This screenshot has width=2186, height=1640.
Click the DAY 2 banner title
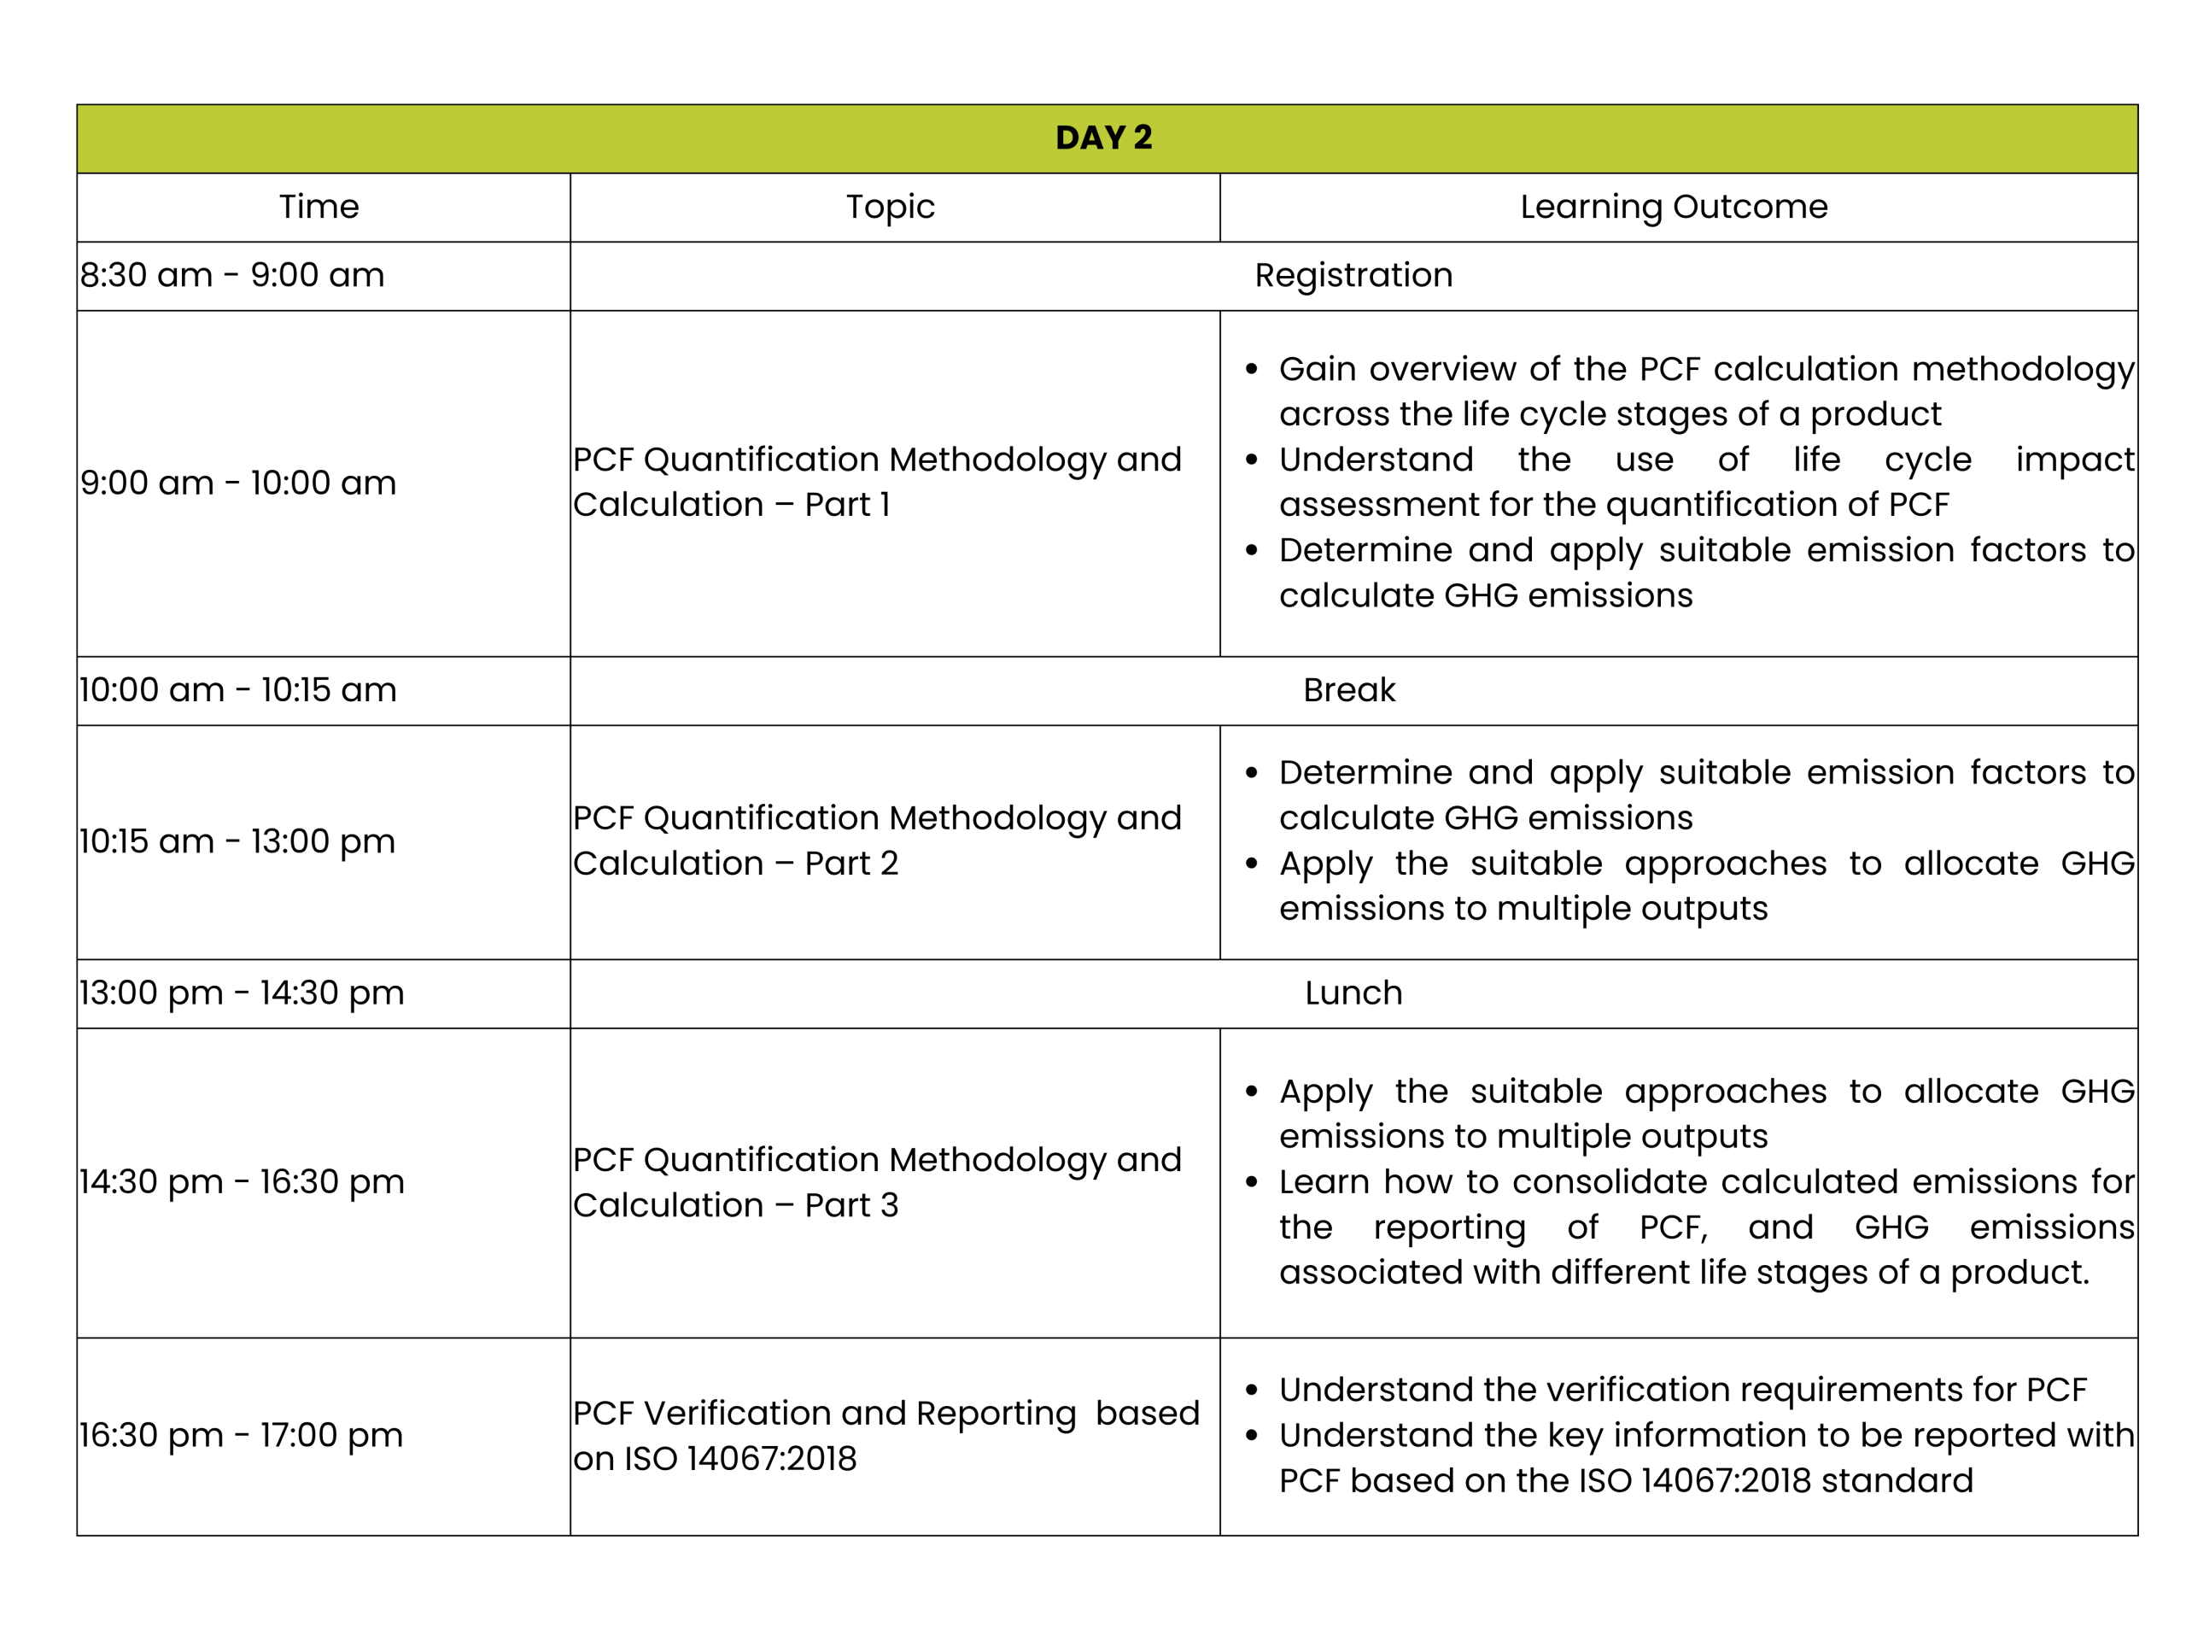tap(1104, 138)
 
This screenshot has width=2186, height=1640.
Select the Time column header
tap(319, 207)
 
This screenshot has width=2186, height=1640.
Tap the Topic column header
tap(890, 207)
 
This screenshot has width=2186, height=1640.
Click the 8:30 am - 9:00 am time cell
tap(232, 275)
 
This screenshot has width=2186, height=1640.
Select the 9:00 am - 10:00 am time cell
tap(238, 483)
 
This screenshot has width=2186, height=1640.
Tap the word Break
tap(1349, 690)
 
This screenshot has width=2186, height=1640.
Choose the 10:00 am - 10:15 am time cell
tap(238, 690)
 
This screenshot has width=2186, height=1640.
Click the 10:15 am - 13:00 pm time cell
tap(237, 841)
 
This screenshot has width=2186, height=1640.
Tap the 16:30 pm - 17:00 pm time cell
tap(241, 1434)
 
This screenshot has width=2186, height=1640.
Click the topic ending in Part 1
tap(877, 482)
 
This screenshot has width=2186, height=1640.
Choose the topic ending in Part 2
tap(877, 840)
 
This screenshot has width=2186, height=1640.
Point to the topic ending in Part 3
tap(877, 1181)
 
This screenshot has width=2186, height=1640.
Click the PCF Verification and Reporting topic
tap(886, 1434)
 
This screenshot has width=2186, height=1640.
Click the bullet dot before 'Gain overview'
tap(1252, 370)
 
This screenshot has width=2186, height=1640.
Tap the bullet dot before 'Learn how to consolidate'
tap(1252, 1182)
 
